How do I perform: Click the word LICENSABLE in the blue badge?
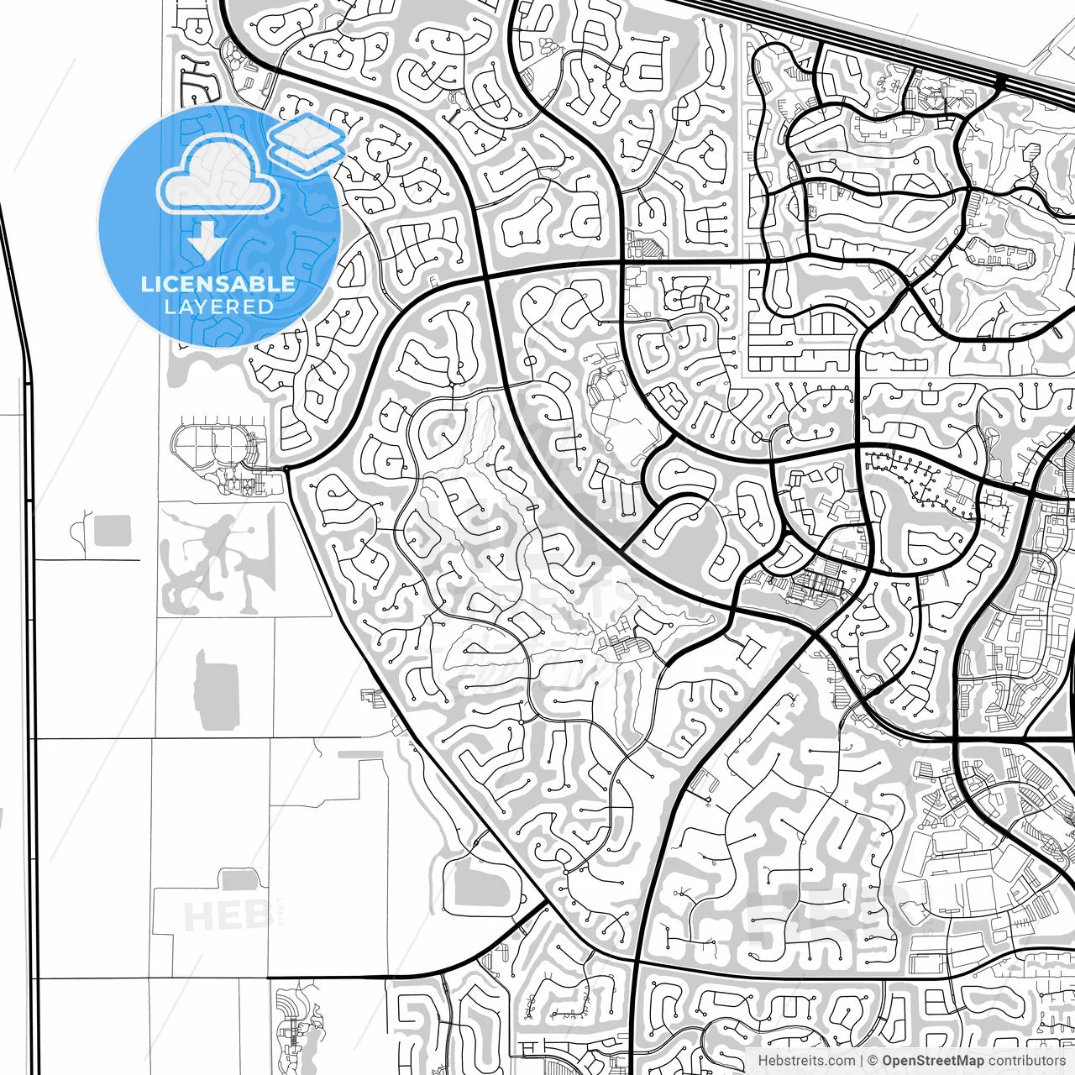pyautogui.click(x=218, y=284)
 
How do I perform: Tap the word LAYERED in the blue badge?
pyautogui.click(x=218, y=307)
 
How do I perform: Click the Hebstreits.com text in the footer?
pyautogui.click(x=806, y=1061)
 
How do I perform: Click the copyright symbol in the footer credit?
pyautogui.click(x=873, y=1061)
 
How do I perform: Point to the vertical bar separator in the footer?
pyautogui.click(x=863, y=1061)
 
